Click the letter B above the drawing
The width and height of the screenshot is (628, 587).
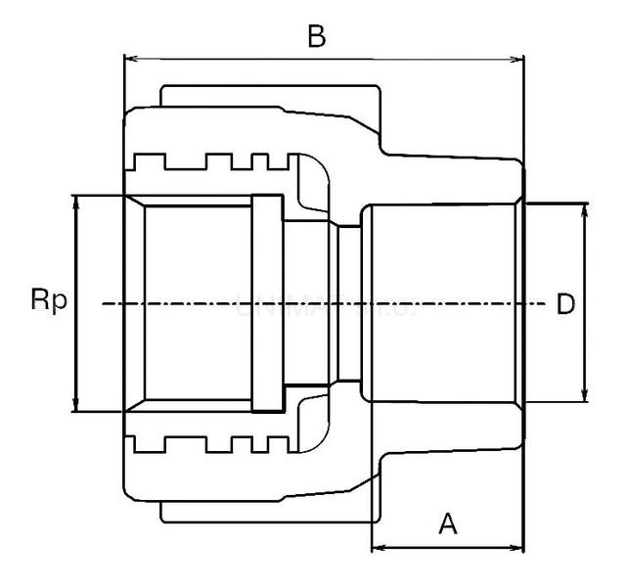click(315, 37)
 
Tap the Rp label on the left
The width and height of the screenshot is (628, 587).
click(48, 300)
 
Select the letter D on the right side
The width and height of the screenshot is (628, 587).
click(565, 304)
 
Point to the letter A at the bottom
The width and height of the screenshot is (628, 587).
click(447, 524)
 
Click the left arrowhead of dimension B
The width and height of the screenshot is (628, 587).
click(129, 61)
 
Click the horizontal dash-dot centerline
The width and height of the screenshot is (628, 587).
click(196, 304)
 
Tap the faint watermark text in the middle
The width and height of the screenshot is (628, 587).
click(323, 304)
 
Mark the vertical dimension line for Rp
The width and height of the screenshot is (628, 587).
click(74, 254)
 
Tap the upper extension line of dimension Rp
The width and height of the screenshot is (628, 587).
click(98, 195)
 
